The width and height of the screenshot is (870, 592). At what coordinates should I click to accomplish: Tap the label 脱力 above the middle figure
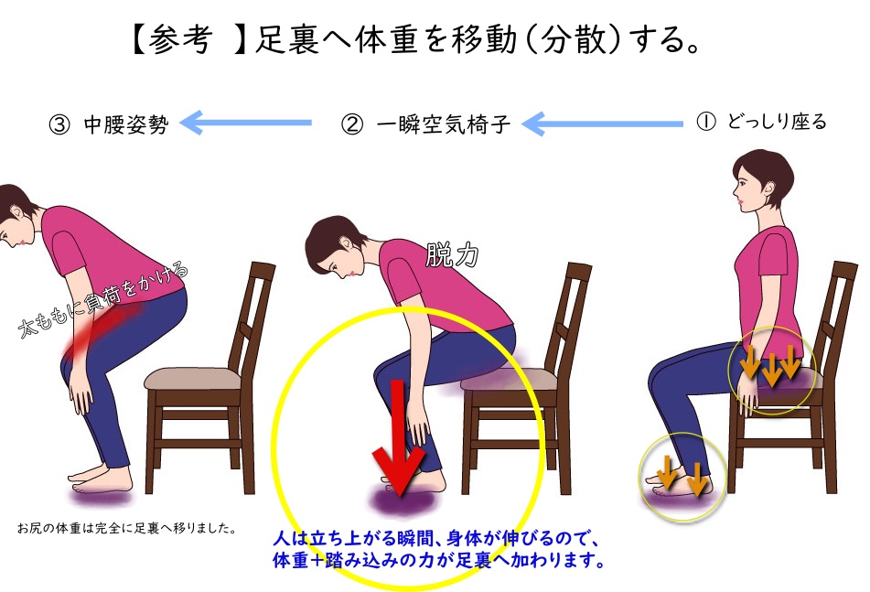(x=452, y=255)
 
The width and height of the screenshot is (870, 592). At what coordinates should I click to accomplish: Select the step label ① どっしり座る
(x=761, y=122)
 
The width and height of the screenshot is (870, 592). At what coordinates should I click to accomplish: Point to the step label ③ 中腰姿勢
(x=109, y=124)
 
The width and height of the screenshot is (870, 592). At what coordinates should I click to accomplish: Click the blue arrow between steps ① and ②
(x=603, y=124)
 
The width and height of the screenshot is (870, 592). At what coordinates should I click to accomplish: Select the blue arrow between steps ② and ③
(x=246, y=123)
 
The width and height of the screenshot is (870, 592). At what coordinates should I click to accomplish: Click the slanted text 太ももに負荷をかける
(x=103, y=299)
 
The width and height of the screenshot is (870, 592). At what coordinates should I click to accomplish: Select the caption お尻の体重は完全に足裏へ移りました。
(x=127, y=528)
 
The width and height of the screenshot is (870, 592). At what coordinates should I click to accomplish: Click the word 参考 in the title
(x=180, y=39)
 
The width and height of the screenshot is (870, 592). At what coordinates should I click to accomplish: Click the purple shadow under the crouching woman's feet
(x=102, y=495)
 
